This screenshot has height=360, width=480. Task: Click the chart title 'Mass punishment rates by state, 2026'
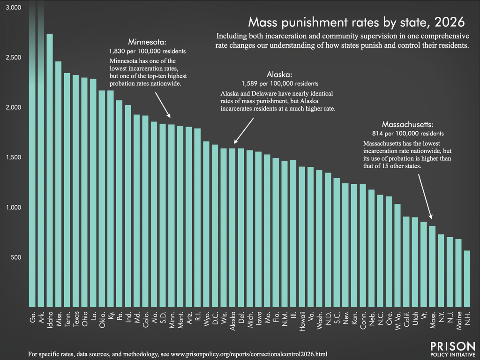coord(356,22)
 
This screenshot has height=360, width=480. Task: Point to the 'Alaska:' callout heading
coord(280,75)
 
